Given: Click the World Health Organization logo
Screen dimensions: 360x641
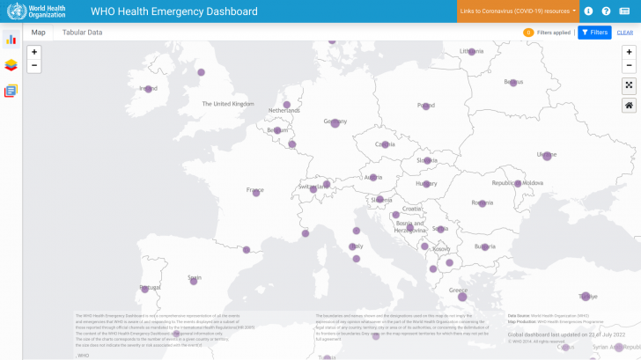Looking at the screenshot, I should pos(36,11).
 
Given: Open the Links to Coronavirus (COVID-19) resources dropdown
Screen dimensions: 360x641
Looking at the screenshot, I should pos(518,11).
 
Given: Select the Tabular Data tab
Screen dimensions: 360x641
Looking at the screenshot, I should pos(82,33).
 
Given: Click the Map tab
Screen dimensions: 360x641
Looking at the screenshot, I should pos(39,33).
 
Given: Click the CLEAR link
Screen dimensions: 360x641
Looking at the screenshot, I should pos(624,33).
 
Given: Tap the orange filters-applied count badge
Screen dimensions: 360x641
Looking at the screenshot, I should pos(528,33).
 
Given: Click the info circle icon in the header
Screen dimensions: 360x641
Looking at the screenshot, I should pos(588,11).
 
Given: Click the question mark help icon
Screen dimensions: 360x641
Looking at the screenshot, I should pos(606,11).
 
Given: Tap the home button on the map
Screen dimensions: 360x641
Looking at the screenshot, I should pos(629,106).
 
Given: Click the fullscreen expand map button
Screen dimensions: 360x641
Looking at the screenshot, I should pos(629,85).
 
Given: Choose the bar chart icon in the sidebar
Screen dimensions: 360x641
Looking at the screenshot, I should pos(11,39).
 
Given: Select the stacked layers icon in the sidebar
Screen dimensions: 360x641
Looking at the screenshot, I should pos(11,64).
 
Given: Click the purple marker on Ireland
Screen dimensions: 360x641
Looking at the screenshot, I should pos(148,89).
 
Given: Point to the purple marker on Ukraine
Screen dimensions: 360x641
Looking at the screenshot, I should pos(547,156).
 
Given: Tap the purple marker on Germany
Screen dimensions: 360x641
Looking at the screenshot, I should pos(335,123).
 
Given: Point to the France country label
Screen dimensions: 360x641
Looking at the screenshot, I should pos(255,190).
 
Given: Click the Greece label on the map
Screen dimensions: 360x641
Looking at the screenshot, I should pos(458,290).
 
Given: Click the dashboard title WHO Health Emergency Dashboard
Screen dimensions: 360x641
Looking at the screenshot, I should pos(174,11).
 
